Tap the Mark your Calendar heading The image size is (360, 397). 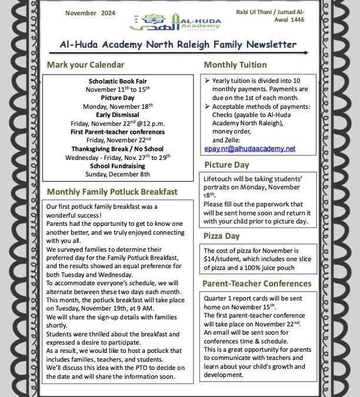[86, 65]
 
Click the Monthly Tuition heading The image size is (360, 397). [235, 65]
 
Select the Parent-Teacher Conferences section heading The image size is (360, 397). [257, 283]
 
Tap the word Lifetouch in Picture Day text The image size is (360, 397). [220, 177]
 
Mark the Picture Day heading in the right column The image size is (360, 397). [226, 165]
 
